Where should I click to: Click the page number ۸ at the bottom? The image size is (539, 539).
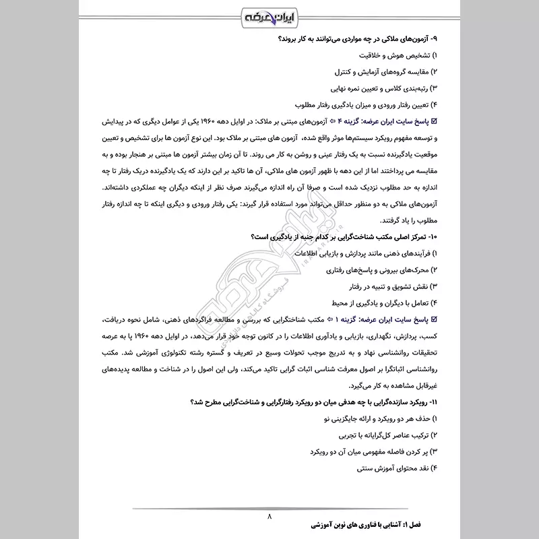[269, 517]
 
